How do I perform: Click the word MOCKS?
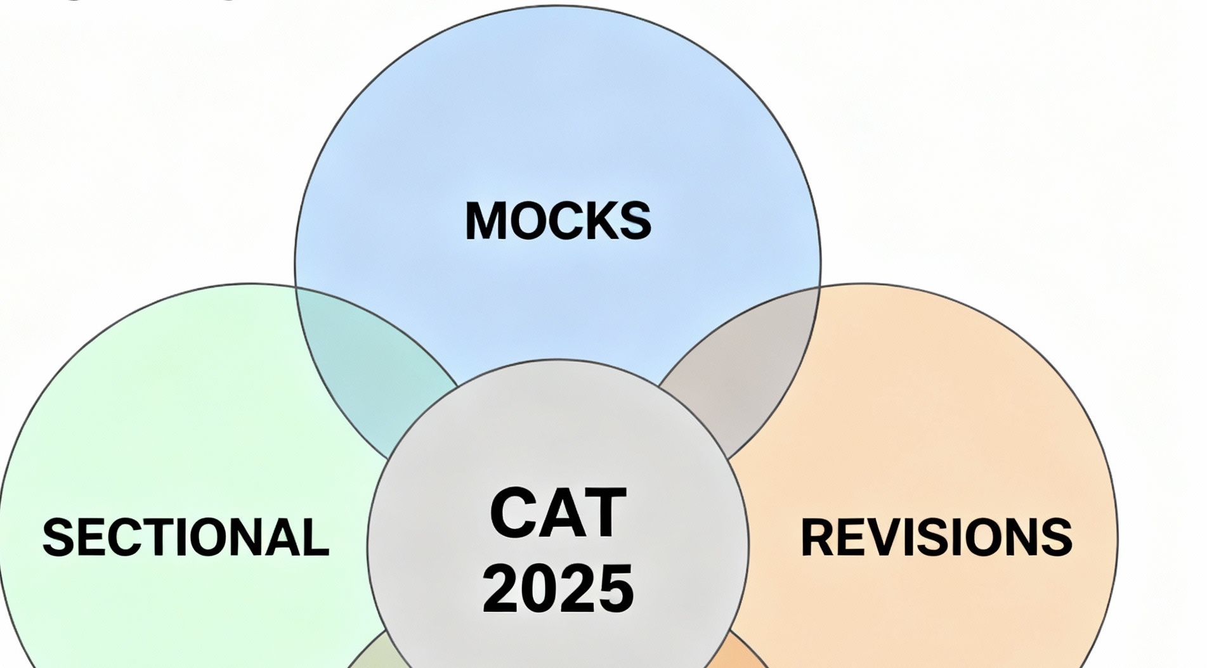click(x=558, y=221)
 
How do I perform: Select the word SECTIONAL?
click(x=186, y=537)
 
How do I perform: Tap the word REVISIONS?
click(x=936, y=537)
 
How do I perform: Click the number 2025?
click(x=558, y=588)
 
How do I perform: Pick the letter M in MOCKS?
click(x=485, y=221)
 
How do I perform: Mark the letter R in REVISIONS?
click(x=818, y=537)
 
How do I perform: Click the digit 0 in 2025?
click(x=539, y=588)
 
